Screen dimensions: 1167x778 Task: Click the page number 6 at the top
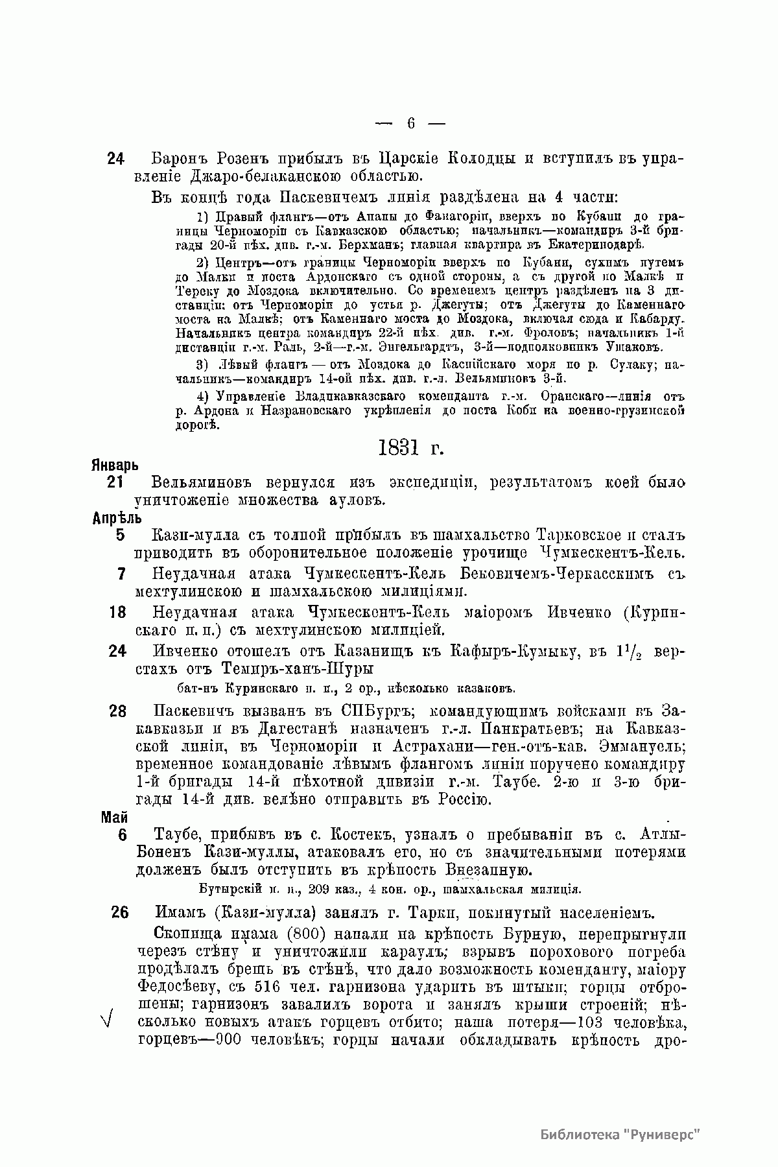point(410,123)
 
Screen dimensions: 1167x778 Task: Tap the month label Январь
point(113,466)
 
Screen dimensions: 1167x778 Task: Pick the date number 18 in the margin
point(117,612)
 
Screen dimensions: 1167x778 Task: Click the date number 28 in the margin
point(117,711)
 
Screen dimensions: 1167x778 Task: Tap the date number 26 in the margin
point(119,912)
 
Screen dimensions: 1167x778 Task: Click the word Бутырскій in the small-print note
point(224,889)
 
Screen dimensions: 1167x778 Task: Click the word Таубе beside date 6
point(176,835)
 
